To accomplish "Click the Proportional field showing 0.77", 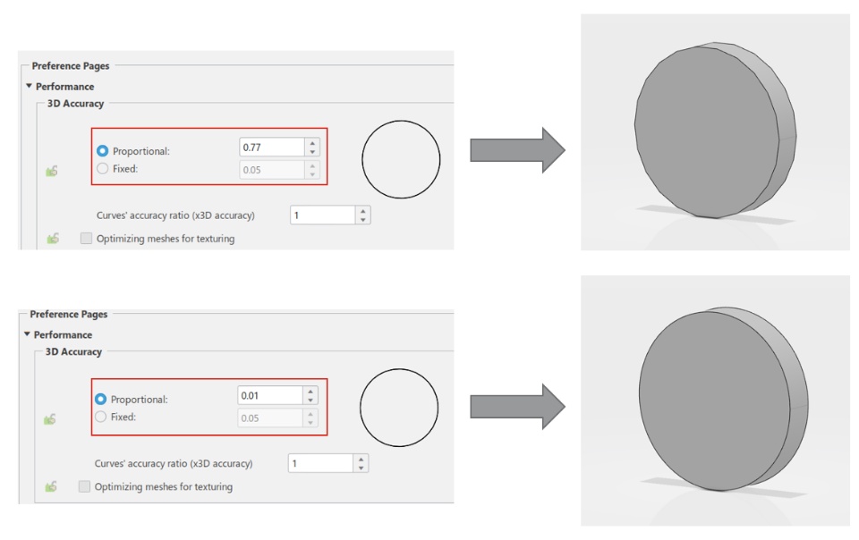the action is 272,148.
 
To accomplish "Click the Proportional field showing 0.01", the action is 270,395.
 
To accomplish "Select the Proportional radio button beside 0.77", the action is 102,150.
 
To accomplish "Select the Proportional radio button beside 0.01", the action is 100,399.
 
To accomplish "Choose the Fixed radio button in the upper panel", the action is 102,168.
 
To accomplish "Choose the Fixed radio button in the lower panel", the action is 100,417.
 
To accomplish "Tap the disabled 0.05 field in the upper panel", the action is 272,170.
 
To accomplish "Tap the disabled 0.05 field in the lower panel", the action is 270,418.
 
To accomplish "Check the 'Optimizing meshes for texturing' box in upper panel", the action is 86,238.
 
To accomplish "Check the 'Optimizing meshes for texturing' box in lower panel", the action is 84,486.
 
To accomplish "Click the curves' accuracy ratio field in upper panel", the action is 323,215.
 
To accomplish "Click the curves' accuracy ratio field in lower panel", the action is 320,463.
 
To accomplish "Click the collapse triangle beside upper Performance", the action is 29,86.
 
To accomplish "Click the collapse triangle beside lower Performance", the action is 27,333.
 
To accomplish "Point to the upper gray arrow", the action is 518,150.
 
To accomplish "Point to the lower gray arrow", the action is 518,407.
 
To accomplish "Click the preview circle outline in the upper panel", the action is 362,159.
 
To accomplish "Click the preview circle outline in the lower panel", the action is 361,408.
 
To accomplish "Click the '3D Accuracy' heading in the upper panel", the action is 75,104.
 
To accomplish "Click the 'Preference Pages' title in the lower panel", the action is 69,314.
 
